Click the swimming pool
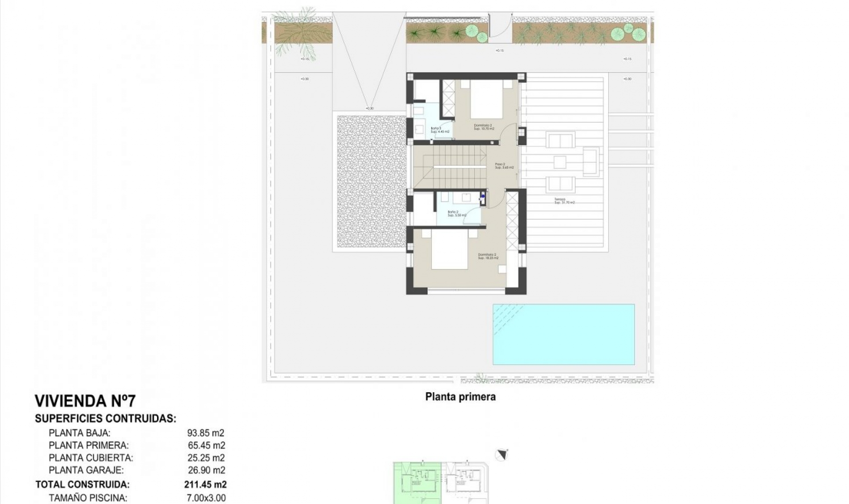point(563,334)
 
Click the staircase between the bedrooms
point(449,167)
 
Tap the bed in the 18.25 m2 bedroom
point(449,250)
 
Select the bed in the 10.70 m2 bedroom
point(486,99)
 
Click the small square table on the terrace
point(560,162)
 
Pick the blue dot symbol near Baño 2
point(483,196)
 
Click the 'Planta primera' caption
point(460,397)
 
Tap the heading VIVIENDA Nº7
point(85,401)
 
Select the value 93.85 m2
point(206,433)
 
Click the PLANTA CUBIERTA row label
point(91,458)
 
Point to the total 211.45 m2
point(205,484)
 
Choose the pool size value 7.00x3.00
point(206,498)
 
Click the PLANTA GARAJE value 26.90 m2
point(206,470)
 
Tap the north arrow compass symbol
point(501,455)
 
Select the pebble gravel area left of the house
point(371,181)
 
